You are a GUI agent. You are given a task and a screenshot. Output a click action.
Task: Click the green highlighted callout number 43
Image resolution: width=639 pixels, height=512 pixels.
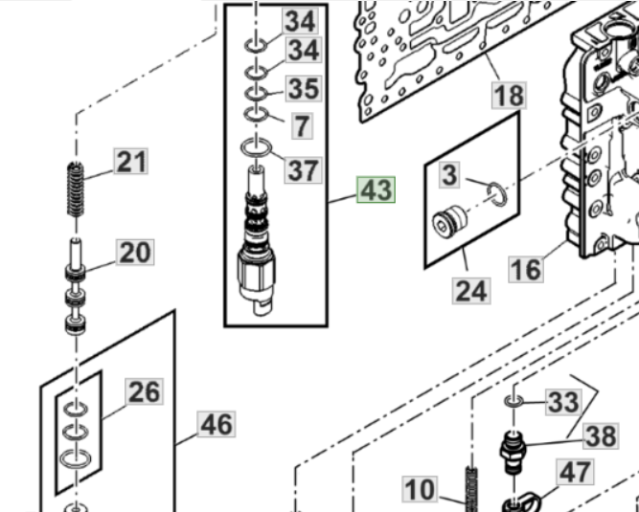tap(376, 189)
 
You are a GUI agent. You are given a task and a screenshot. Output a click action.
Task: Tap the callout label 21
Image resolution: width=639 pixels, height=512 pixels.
tap(131, 162)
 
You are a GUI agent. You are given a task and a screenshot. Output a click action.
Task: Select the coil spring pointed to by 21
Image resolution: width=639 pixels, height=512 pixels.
tap(76, 189)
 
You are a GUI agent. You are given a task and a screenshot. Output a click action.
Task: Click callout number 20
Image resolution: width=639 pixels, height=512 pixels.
tap(135, 253)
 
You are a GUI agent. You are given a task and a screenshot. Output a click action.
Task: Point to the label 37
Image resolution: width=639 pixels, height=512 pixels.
tap(303, 170)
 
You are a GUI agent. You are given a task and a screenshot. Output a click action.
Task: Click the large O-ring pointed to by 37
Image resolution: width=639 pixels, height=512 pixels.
tap(256, 147)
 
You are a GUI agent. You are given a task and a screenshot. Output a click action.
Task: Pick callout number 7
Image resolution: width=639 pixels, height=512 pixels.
tap(302, 125)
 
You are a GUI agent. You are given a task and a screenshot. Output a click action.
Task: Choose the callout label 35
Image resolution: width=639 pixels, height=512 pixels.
tap(304, 89)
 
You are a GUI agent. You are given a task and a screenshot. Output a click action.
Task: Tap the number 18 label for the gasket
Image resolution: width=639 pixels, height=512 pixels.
tap(509, 96)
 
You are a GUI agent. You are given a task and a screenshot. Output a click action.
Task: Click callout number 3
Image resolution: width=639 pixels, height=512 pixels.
tap(449, 175)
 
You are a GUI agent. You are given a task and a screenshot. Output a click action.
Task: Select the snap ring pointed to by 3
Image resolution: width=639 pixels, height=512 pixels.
tap(497, 193)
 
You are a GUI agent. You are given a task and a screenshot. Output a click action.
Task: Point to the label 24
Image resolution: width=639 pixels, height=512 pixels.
tap(471, 291)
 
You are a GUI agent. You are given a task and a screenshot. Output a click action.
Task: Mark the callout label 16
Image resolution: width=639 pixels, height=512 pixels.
tap(526, 270)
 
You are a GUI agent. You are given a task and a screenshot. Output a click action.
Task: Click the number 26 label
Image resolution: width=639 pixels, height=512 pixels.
tap(145, 391)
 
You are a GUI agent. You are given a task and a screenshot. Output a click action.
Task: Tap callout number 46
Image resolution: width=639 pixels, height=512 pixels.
tap(217, 424)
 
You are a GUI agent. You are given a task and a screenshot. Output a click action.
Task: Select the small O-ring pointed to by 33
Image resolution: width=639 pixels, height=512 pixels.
tap(513, 402)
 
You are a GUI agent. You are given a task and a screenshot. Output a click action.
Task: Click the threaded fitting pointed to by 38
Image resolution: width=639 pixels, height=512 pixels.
tap(513, 452)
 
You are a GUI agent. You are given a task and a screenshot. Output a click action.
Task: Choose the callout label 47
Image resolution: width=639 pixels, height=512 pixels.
tap(575, 473)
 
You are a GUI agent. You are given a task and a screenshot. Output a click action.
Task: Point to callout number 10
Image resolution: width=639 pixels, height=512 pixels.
tap(421, 489)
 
